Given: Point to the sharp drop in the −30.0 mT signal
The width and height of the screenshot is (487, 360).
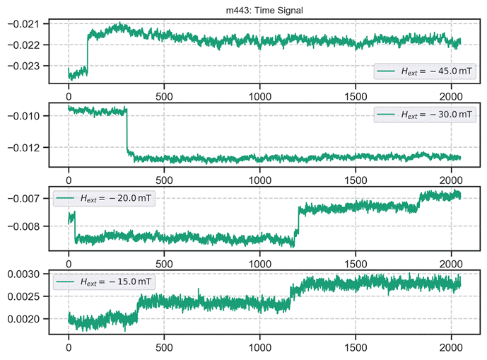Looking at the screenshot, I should click(127, 131).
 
